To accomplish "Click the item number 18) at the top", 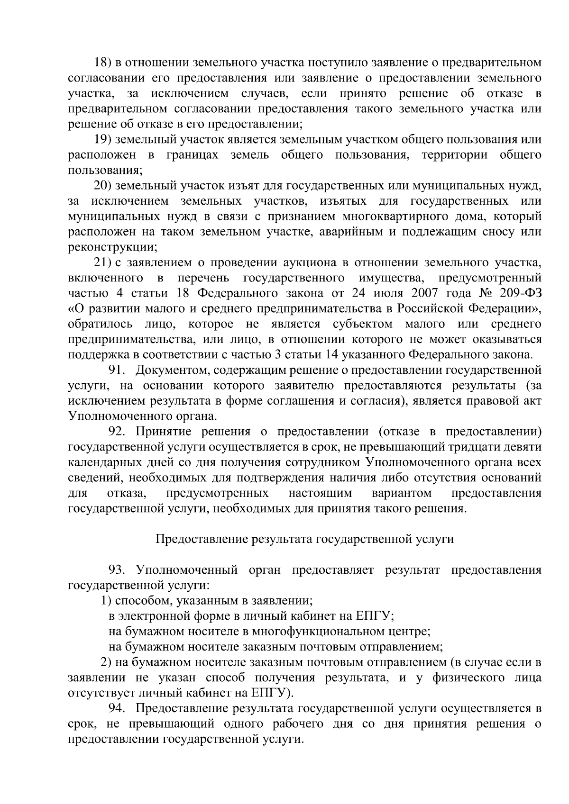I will (x=102, y=63).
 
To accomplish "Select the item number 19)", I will (x=102, y=140).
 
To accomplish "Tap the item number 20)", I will (x=102, y=186).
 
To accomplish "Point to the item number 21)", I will (x=102, y=263).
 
